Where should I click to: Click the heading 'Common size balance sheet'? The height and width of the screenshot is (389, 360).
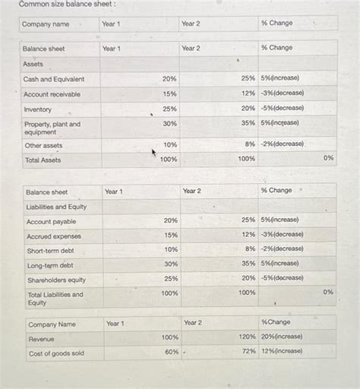tap(57, 5)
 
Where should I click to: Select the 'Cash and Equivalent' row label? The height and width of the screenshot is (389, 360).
tap(54, 79)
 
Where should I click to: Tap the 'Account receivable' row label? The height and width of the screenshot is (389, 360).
tap(52, 94)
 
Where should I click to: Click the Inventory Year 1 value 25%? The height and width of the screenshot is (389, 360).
tap(169, 109)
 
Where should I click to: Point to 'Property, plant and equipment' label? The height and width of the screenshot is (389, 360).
tap(52, 128)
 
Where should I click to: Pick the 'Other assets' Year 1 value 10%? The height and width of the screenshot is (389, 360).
tap(170, 144)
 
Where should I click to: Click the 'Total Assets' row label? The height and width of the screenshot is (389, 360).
tap(43, 160)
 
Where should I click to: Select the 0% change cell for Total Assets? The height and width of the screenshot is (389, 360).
tap(328, 158)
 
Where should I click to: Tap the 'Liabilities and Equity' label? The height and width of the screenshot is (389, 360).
tap(56, 207)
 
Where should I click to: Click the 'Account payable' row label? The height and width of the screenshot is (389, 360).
tap(52, 222)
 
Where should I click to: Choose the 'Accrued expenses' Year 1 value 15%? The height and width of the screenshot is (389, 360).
tap(171, 235)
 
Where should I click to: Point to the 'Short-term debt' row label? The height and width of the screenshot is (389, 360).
tap(51, 251)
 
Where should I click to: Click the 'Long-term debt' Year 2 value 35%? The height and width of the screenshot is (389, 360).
tap(248, 264)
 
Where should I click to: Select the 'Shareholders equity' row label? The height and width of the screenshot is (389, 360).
tap(56, 280)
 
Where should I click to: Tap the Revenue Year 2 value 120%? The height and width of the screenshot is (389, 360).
tap(247, 337)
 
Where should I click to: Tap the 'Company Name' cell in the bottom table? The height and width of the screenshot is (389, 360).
tap(52, 324)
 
